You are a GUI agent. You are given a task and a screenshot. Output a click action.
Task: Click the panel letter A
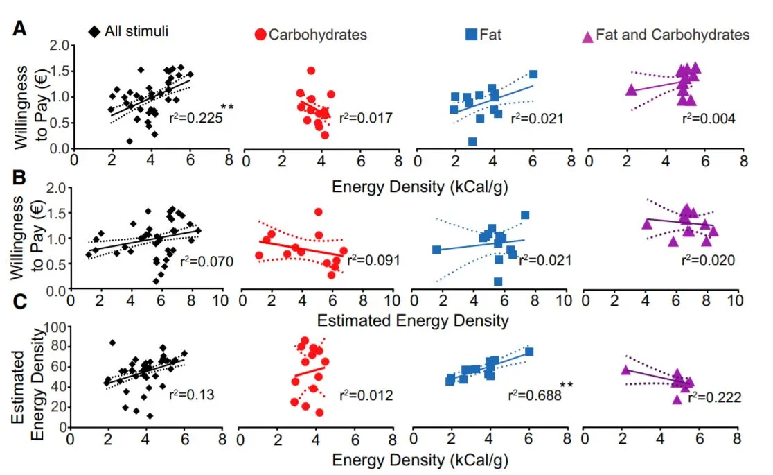point(21,29)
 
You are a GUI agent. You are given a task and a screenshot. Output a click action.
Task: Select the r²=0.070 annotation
point(204,262)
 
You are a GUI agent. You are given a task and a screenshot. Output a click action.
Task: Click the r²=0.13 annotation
point(190,395)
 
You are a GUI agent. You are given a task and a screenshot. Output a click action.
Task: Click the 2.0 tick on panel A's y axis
point(61,46)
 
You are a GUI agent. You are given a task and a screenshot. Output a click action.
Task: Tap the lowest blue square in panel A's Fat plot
point(472,141)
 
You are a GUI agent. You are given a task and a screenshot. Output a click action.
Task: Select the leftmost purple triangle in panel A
point(630,89)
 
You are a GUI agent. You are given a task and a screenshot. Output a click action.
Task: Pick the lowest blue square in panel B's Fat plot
point(498,282)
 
